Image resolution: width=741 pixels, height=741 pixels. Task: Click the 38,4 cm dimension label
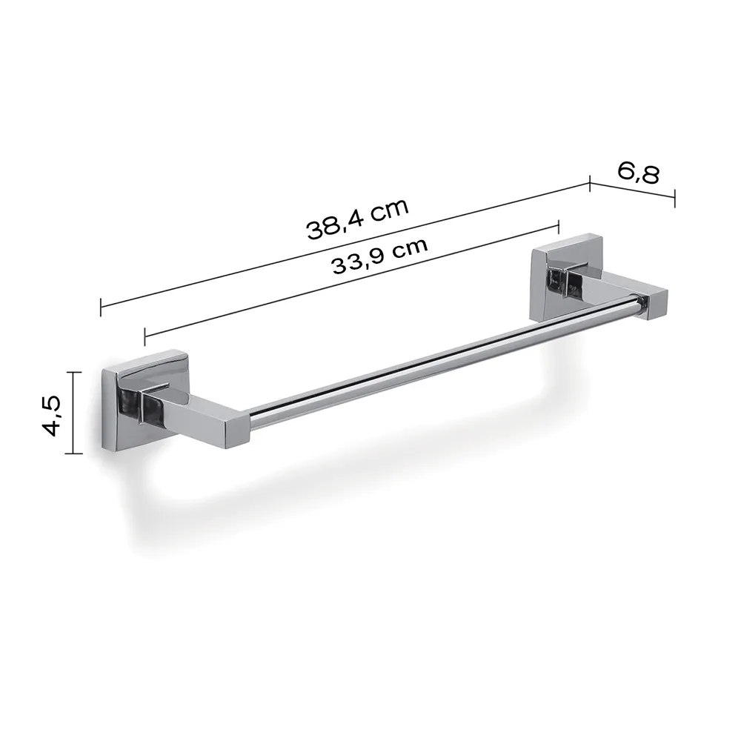click(358, 219)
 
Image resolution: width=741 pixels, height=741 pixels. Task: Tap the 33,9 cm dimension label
click(379, 256)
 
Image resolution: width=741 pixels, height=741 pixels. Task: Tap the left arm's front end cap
click(237, 431)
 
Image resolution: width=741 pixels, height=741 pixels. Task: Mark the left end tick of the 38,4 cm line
click(101, 308)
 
